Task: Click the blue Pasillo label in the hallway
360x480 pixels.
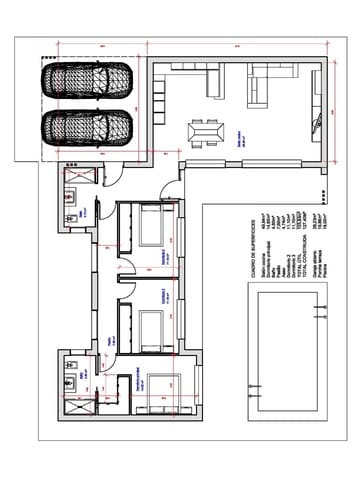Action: pos(108,342)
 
